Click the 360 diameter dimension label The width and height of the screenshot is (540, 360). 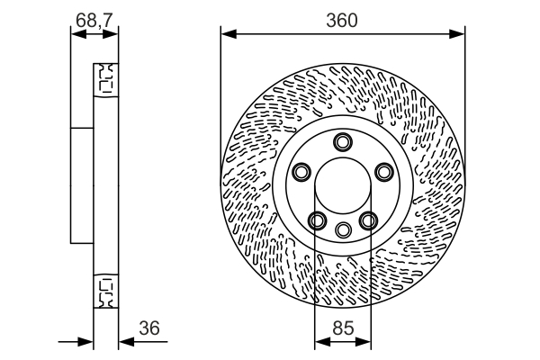342,20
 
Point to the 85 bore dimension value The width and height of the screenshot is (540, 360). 342,328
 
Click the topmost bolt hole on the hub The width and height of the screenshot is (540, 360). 342,141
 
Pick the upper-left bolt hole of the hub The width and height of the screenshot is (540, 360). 301,171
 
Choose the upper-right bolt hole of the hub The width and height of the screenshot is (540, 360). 383,171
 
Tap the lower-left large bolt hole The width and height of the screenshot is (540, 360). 317,219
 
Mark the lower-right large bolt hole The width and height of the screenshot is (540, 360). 367,219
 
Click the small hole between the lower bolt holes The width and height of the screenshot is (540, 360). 342,229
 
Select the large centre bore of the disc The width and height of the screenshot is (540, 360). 342,184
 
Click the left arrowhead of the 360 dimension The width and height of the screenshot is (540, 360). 226,35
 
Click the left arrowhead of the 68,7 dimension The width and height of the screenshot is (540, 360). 75,34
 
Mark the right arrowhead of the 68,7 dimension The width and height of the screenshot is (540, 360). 114,34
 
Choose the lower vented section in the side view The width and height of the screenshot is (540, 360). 106,290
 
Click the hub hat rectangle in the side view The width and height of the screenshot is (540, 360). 83,184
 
